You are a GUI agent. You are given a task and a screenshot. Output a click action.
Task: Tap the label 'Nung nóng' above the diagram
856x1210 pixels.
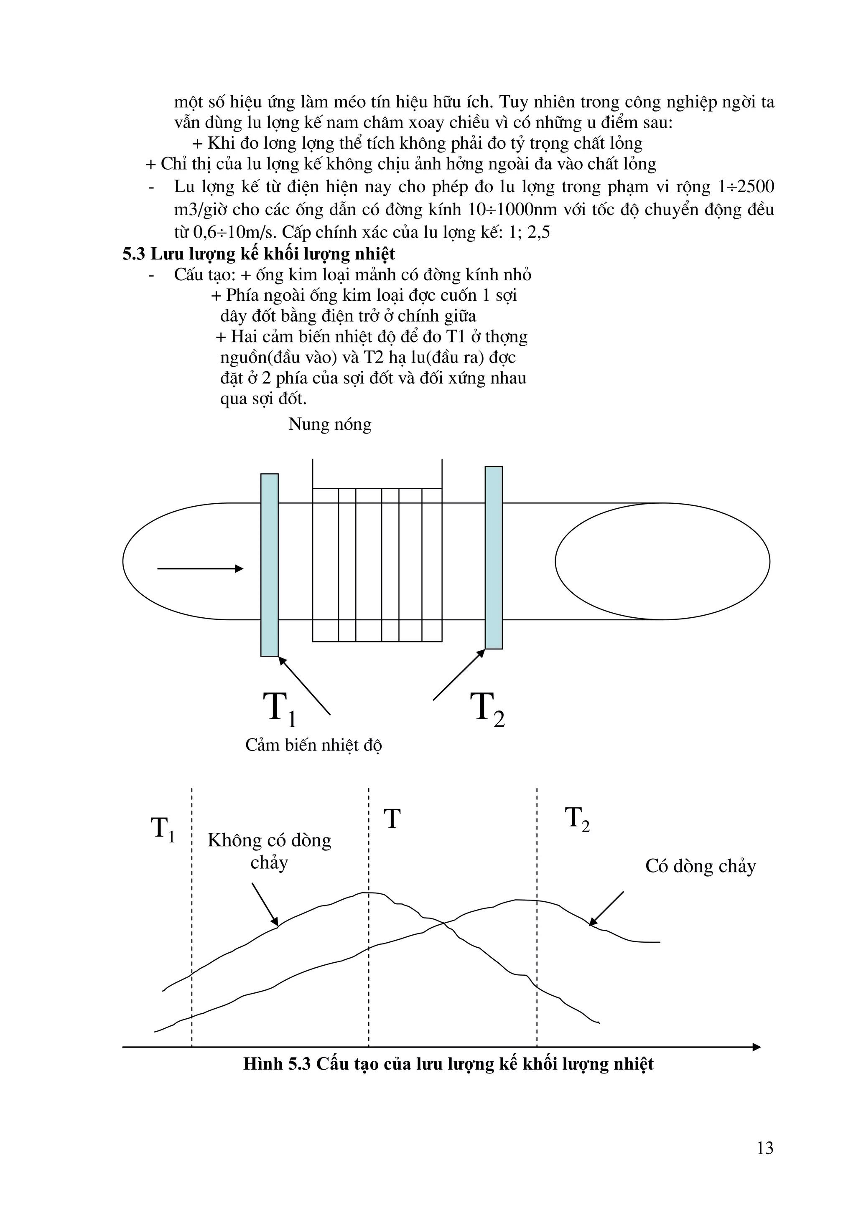coord(330,424)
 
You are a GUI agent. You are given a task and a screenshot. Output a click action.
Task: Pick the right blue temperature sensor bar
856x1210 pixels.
coord(494,557)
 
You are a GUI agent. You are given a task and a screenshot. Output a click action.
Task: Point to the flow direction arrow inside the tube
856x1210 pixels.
coord(201,568)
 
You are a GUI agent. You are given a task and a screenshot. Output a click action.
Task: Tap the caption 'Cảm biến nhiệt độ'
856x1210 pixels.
coord(313,745)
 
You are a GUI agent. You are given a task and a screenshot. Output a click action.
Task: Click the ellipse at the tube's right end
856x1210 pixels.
coord(662,561)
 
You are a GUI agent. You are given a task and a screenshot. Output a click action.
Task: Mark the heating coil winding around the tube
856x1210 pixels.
coord(377,564)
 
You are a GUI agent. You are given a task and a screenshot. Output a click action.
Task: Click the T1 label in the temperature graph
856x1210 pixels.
coord(163,828)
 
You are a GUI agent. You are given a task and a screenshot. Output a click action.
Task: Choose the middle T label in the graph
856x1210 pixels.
coord(392,819)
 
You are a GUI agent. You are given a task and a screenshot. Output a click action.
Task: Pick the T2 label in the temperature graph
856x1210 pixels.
coord(577,819)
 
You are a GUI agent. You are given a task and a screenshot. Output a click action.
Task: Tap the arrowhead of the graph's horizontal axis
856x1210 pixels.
coord(757,1047)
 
